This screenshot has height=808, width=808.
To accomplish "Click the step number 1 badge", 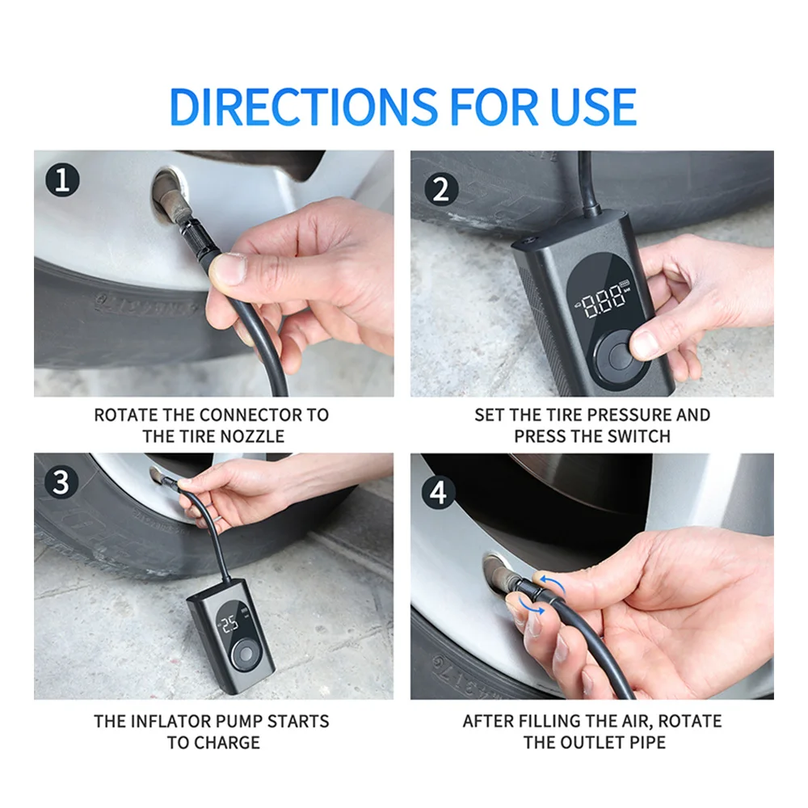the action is (62, 180).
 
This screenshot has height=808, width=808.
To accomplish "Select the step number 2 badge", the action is (441, 188).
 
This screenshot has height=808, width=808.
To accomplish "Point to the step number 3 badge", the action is (61, 482).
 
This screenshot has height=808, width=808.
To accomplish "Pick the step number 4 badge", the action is (439, 492).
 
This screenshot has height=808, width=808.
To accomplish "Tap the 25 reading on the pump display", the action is (229, 624).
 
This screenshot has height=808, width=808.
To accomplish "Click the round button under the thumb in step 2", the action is (620, 356).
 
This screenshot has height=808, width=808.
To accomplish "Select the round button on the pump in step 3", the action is (246, 655).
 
